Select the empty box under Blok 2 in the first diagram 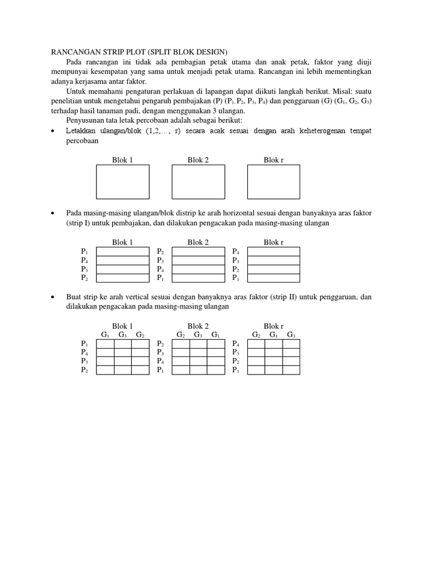click(198, 182)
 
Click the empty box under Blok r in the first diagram click(274, 182)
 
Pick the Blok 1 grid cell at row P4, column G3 click(122, 352)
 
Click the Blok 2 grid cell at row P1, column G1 click(216, 370)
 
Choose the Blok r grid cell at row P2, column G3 click(291, 361)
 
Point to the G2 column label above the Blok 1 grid click(140, 335)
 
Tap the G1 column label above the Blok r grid click(274, 335)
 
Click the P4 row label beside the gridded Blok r click(236, 343)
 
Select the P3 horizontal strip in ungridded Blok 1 click(122, 269)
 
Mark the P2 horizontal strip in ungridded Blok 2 click(198, 251)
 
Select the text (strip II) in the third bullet click(284, 297)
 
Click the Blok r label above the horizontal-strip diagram click(274, 242)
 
